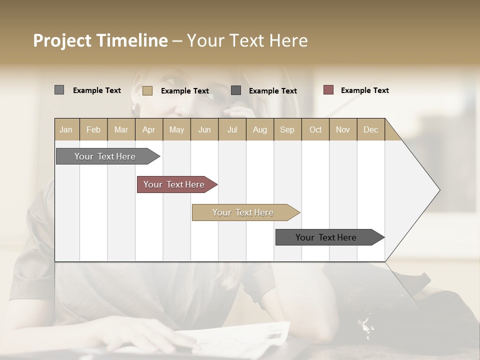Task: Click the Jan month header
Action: [66, 129]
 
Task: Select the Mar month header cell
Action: [121, 129]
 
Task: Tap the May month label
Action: [176, 129]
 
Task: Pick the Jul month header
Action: [232, 129]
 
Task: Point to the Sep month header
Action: [287, 129]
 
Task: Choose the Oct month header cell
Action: [315, 129]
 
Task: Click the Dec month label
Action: [370, 129]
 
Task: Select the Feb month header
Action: [93, 129]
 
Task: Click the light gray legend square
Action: [59, 90]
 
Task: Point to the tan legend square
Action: [147, 90]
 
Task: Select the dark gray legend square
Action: [236, 90]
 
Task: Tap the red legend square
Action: [328, 90]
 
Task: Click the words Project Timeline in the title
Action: [100, 40]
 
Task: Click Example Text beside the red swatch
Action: [364, 90]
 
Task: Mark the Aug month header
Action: [259, 129]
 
